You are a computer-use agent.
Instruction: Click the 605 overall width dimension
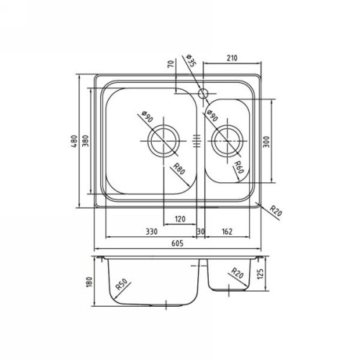(x=176, y=243)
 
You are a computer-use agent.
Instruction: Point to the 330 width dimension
(x=151, y=231)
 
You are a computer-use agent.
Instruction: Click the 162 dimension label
(x=227, y=231)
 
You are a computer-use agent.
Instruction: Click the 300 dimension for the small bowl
(x=266, y=143)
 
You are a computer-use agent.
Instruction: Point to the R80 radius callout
(x=179, y=171)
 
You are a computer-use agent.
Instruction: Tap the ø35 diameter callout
(x=191, y=63)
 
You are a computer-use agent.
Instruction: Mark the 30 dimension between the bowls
(x=201, y=231)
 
